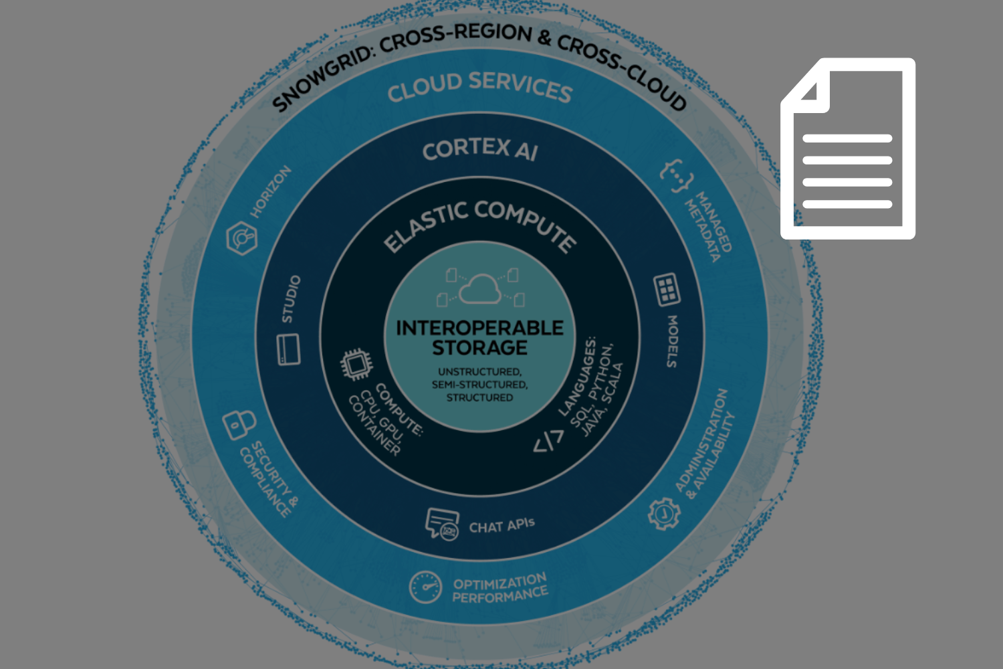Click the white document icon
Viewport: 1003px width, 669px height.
click(848, 149)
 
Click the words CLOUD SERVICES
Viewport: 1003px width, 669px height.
click(479, 87)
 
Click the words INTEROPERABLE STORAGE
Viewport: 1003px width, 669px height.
click(479, 338)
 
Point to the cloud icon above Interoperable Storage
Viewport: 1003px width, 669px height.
click(479, 288)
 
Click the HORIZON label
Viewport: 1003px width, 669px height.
click(271, 191)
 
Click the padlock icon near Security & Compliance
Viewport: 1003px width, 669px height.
click(239, 423)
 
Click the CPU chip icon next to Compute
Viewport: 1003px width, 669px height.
click(356, 365)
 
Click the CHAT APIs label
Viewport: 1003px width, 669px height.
click(501, 526)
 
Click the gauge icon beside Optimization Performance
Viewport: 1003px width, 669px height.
click(425, 587)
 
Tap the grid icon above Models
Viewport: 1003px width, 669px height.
click(667, 290)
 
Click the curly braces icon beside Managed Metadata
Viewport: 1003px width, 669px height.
click(677, 175)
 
